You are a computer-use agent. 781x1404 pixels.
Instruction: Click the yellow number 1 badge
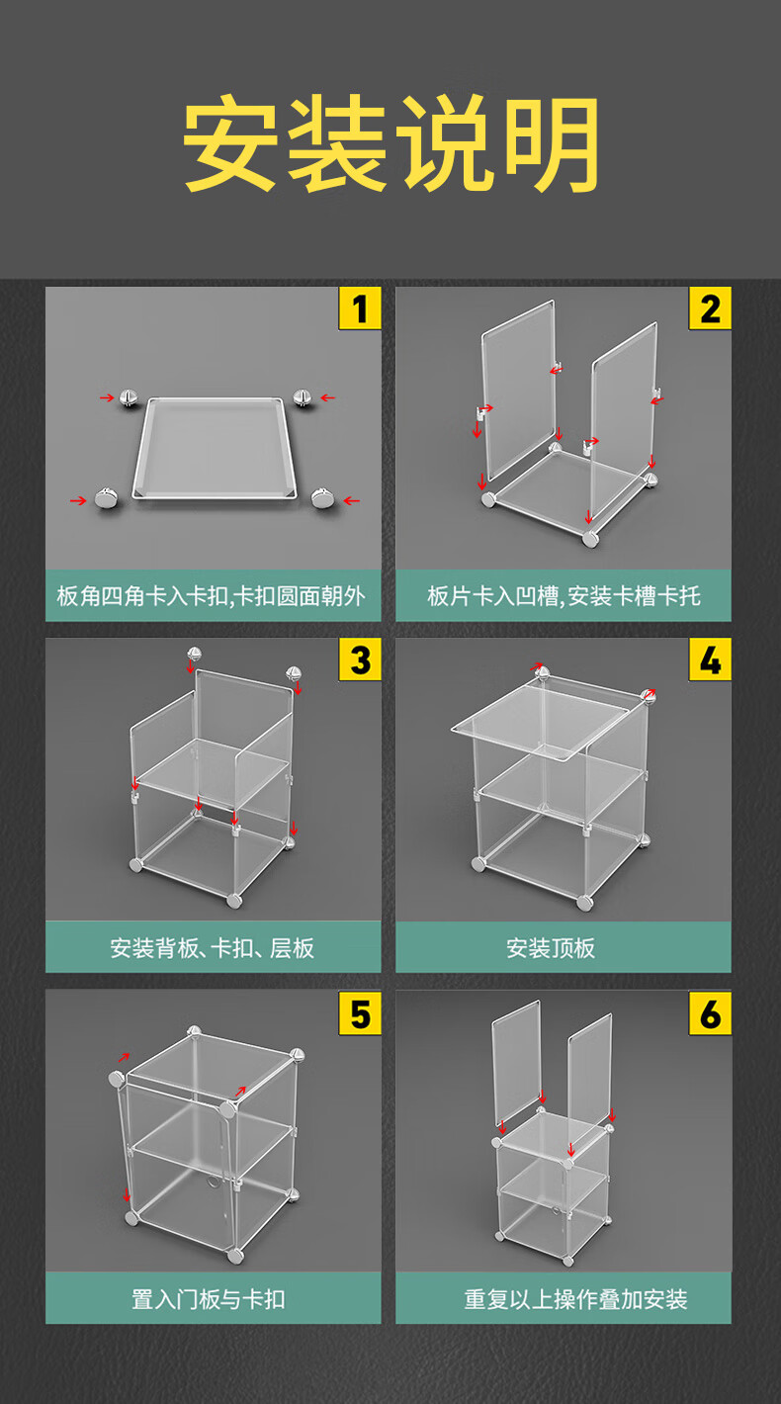(360, 308)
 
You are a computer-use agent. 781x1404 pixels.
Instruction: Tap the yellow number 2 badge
(710, 308)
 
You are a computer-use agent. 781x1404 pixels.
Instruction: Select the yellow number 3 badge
(360, 659)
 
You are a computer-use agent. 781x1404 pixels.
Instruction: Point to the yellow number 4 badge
(710, 659)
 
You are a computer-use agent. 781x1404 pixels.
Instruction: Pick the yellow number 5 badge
(360, 1012)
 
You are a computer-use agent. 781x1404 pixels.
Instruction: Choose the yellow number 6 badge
(710, 1012)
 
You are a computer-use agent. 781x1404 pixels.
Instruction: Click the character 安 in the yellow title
(230, 143)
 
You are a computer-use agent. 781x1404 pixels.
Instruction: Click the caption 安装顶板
(551, 948)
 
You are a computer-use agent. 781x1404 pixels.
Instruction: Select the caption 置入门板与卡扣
(208, 1299)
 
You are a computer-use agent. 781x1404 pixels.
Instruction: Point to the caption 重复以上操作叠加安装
(575, 1299)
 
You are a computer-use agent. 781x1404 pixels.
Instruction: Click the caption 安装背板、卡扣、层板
(212, 948)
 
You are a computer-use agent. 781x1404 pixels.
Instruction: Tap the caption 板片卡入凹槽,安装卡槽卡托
(564, 596)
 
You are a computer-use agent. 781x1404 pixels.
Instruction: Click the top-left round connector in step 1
(129, 398)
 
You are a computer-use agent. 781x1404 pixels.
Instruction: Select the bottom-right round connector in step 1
(323, 498)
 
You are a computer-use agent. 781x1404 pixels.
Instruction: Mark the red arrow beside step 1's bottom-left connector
(78, 500)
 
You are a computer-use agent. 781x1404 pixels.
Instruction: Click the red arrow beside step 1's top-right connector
(328, 397)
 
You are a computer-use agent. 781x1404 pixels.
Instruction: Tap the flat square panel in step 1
(215, 448)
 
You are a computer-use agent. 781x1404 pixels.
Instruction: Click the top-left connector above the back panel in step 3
(195, 655)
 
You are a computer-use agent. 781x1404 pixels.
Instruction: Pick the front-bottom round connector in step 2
(590, 539)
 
